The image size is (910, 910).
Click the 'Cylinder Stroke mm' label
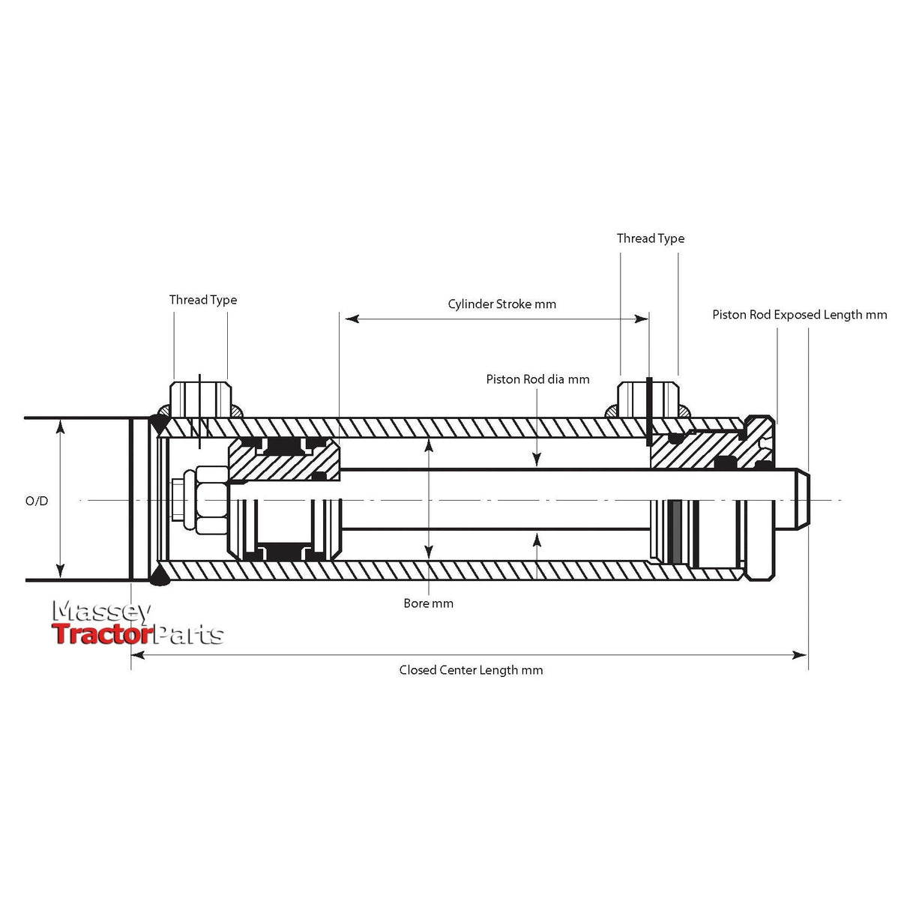(x=501, y=304)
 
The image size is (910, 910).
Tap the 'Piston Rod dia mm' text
(x=537, y=379)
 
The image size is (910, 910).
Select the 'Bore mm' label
(x=428, y=603)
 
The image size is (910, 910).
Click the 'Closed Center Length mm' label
(x=471, y=670)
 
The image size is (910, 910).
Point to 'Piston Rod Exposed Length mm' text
(x=799, y=315)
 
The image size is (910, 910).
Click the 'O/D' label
(x=37, y=501)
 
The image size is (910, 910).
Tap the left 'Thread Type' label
(x=202, y=300)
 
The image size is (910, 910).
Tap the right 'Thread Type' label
(x=650, y=238)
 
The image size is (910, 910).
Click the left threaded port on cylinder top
(x=201, y=400)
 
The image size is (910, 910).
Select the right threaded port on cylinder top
(x=648, y=400)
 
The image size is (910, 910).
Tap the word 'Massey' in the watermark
(x=101, y=612)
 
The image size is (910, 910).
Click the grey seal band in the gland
(x=676, y=533)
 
